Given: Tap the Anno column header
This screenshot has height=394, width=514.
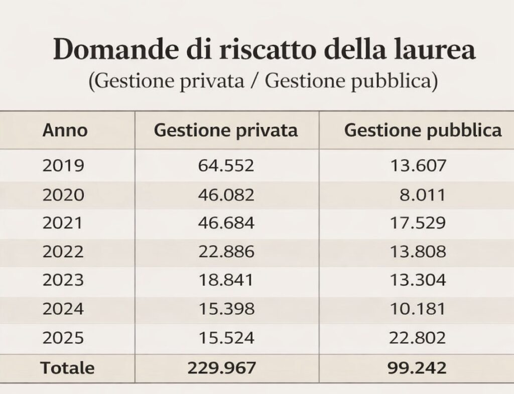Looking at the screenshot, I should tap(65, 130).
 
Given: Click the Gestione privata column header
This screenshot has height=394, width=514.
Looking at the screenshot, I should tap(226, 130).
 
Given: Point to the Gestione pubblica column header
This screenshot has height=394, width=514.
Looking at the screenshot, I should tap(423, 130).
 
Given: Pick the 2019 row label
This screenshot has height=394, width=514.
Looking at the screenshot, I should tap(63, 166).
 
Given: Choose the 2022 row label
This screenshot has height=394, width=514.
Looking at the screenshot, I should tap(63, 251).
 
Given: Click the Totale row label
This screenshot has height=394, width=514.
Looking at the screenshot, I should tap(68, 368).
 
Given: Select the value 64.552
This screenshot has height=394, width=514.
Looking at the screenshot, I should tap(226, 166).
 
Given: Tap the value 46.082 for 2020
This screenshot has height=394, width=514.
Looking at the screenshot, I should tap(226, 194).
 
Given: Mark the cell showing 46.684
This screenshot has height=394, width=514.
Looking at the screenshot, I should tap(226, 223).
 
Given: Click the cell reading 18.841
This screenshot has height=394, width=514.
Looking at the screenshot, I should tap(226, 280).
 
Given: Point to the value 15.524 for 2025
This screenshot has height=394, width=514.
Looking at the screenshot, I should tap(226, 338).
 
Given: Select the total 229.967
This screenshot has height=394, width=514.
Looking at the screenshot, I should tap(222, 368).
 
